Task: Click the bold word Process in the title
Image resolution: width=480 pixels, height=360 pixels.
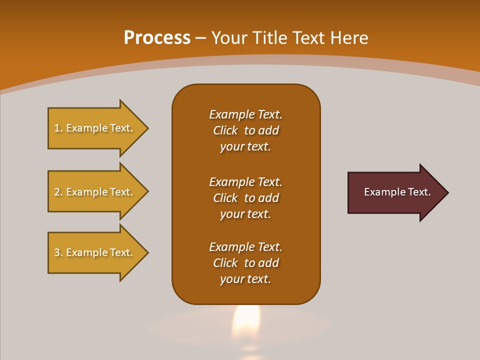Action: [157, 38]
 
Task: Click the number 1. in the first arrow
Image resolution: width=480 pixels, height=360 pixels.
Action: [58, 128]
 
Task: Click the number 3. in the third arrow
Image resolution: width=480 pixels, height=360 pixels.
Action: [58, 253]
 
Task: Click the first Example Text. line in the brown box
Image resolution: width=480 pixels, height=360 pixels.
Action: [245, 114]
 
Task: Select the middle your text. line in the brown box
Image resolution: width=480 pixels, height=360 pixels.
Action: [245, 214]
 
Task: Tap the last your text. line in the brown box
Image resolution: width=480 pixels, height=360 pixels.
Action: [245, 279]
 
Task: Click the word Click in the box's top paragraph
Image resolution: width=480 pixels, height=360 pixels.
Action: [225, 130]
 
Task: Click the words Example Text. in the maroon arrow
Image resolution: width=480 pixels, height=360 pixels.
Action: [397, 192]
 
